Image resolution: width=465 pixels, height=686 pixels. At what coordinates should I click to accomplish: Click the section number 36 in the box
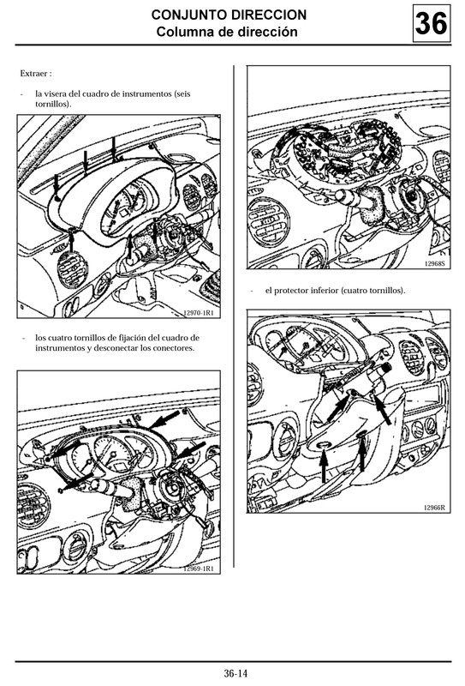(432, 23)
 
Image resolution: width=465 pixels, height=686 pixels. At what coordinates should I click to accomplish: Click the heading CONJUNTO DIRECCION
(229, 15)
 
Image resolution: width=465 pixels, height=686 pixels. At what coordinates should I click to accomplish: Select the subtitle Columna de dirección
(227, 32)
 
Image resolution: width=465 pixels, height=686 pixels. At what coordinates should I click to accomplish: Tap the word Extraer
(34, 74)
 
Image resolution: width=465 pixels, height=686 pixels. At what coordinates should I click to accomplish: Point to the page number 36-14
(235, 673)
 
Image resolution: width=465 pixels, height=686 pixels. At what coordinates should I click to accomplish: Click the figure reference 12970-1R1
(198, 313)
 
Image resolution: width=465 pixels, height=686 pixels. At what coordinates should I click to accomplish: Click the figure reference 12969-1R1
(198, 569)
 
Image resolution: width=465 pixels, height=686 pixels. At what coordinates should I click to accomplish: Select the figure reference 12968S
(434, 264)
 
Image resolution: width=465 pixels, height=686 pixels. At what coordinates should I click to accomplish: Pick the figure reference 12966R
(434, 508)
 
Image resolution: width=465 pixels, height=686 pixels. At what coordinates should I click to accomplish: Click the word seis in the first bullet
(183, 93)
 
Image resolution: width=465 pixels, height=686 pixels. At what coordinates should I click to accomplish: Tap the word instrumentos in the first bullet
(147, 93)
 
